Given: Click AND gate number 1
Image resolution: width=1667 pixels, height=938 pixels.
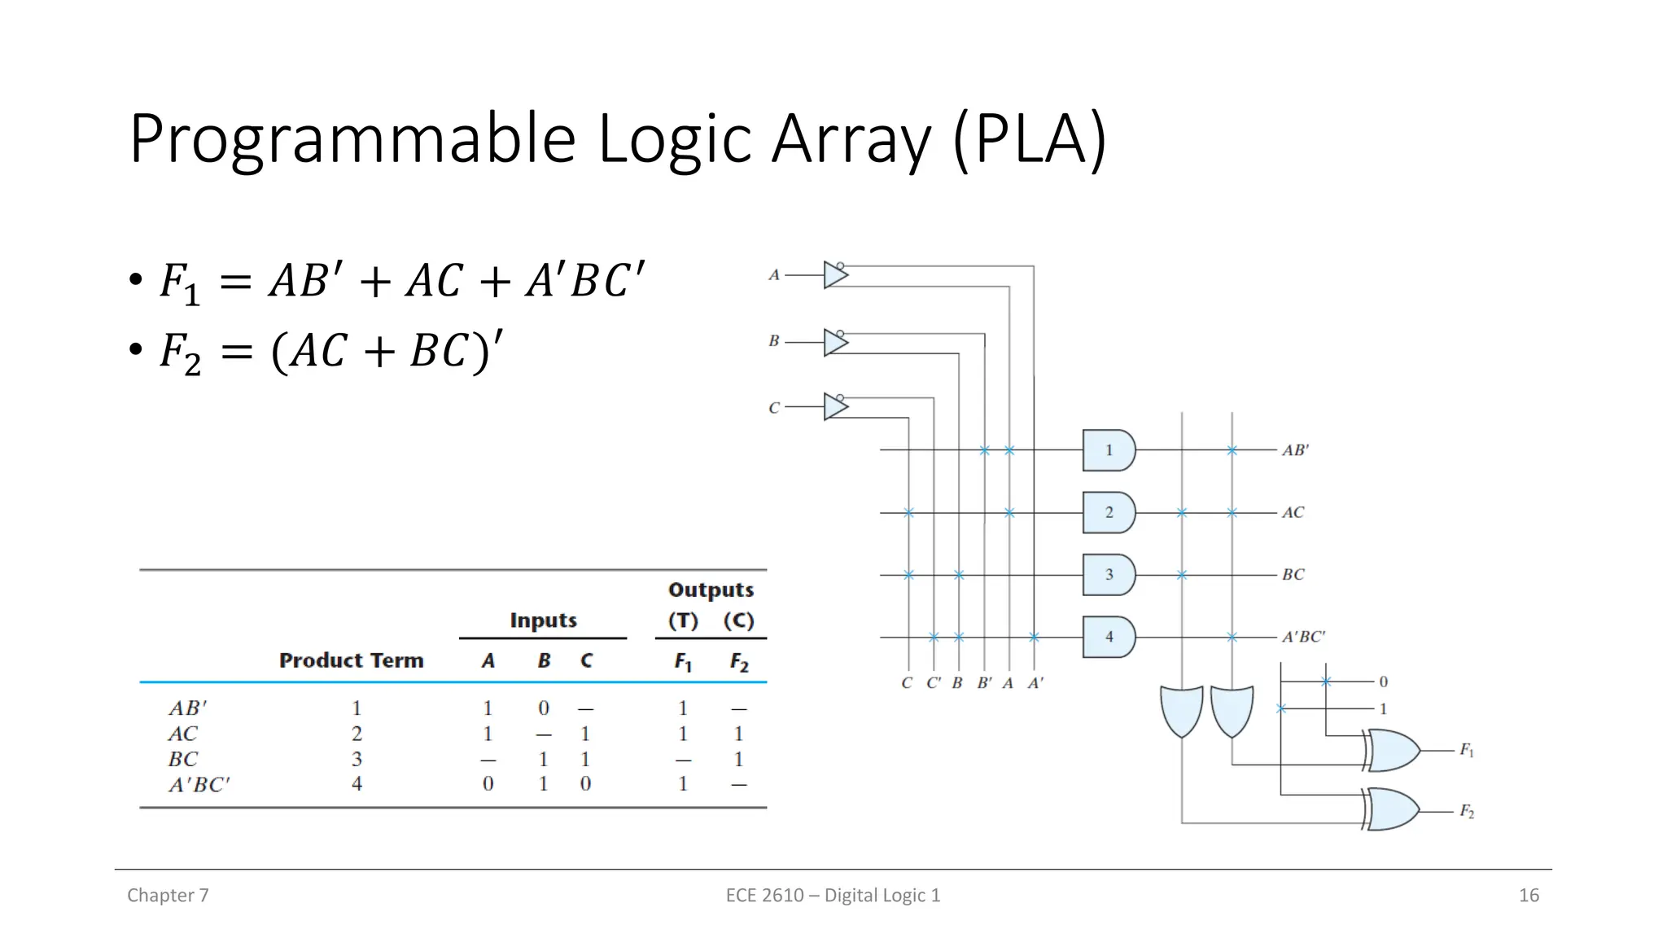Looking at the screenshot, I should [x=1108, y=450].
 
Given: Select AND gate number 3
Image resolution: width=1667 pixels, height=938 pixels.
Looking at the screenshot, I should [x=1108, y=575].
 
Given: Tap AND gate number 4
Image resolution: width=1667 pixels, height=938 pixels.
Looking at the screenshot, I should [x=1108, y=637].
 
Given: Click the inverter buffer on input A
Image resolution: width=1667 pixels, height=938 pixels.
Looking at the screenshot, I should [x=835, y=275].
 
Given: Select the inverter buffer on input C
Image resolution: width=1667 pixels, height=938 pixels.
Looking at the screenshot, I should [x=835, y=406].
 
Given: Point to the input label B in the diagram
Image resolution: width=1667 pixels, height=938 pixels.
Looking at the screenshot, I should [x=774, y=341].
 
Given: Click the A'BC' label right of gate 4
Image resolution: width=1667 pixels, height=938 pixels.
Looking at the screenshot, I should [x=1303, y=637].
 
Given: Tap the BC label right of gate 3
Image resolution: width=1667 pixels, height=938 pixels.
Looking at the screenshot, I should [x=1293, y=575].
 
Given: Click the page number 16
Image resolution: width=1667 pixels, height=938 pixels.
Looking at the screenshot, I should [x=1529, y=896].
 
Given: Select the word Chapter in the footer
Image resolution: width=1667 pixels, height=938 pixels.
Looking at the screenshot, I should [x=160, y=896].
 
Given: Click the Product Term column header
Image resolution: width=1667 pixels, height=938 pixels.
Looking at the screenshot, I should [x=351, y=660].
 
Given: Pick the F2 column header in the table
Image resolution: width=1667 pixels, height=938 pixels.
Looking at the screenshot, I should [x=738, y=662].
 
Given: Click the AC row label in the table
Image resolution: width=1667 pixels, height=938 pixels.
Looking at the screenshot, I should [x=183, y=734].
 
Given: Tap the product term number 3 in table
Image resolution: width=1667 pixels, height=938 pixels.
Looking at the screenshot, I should [x=357, y=759].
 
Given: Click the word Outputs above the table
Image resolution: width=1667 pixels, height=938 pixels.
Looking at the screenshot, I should [x=711, y=590].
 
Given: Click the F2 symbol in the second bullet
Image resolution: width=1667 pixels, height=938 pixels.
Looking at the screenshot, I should [x=180, y=353].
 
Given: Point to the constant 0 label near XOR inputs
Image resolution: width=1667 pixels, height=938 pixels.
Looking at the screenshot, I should [x=1383, y=682].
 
